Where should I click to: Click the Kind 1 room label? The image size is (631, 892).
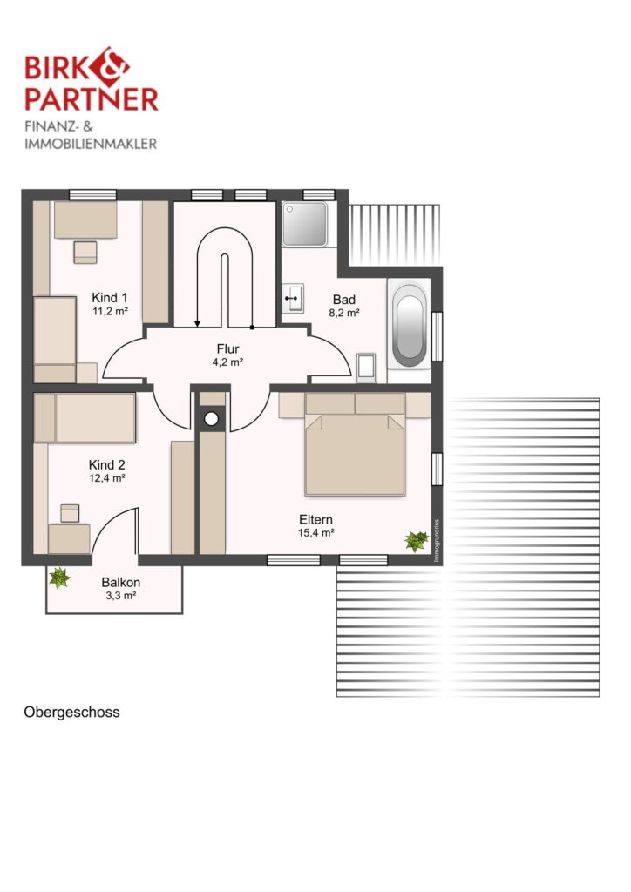pyautogui.click(x=110, y=298)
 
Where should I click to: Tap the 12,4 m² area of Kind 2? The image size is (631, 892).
pyautogui.click(x=107, y=478)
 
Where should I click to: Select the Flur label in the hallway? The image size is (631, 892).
pyautogui.click(x=227, y=348)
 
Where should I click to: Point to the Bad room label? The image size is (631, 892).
pyautogui.click(x=344, y=300)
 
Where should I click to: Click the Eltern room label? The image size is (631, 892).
pyautogui.click(x=315, y=519)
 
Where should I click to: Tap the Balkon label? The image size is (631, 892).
pyautogui.click(x=120, y=583)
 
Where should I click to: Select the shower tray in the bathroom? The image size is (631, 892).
pyautogui.click(x=305, y=224)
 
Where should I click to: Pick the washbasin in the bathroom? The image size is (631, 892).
pyautogui.click(x=293, y=298)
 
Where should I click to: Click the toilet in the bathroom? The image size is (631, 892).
pyautogui.click(x=366, y=367)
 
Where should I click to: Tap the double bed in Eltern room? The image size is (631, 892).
pyautogui.click(x=355, y=444)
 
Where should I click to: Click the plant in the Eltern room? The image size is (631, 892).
pyautogui.click(x=417, y=540)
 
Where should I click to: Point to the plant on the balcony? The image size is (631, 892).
pyautogui.click(x=59, y=578)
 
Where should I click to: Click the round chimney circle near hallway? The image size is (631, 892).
pyautogui.click(x=212, y=419)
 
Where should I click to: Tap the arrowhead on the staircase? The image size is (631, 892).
pyautogui.click(x=198, y=324)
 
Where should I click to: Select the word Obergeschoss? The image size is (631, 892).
pyautogui.click(x=71, y=713)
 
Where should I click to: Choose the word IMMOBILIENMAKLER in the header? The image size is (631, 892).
pyautogui.click(x=91, y=144)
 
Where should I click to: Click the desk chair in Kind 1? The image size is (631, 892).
pyautogui.click(x=85, y=252)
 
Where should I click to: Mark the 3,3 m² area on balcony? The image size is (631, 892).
pyautogui.click(x=120, y=596)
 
